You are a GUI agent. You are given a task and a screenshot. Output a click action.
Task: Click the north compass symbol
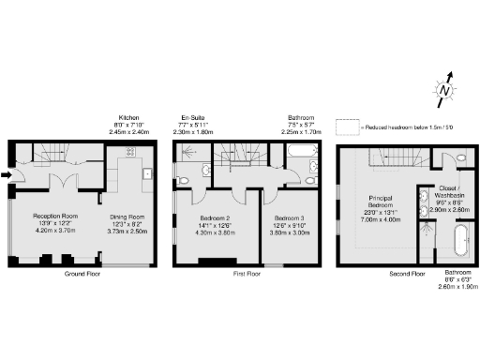pos(443,89)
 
